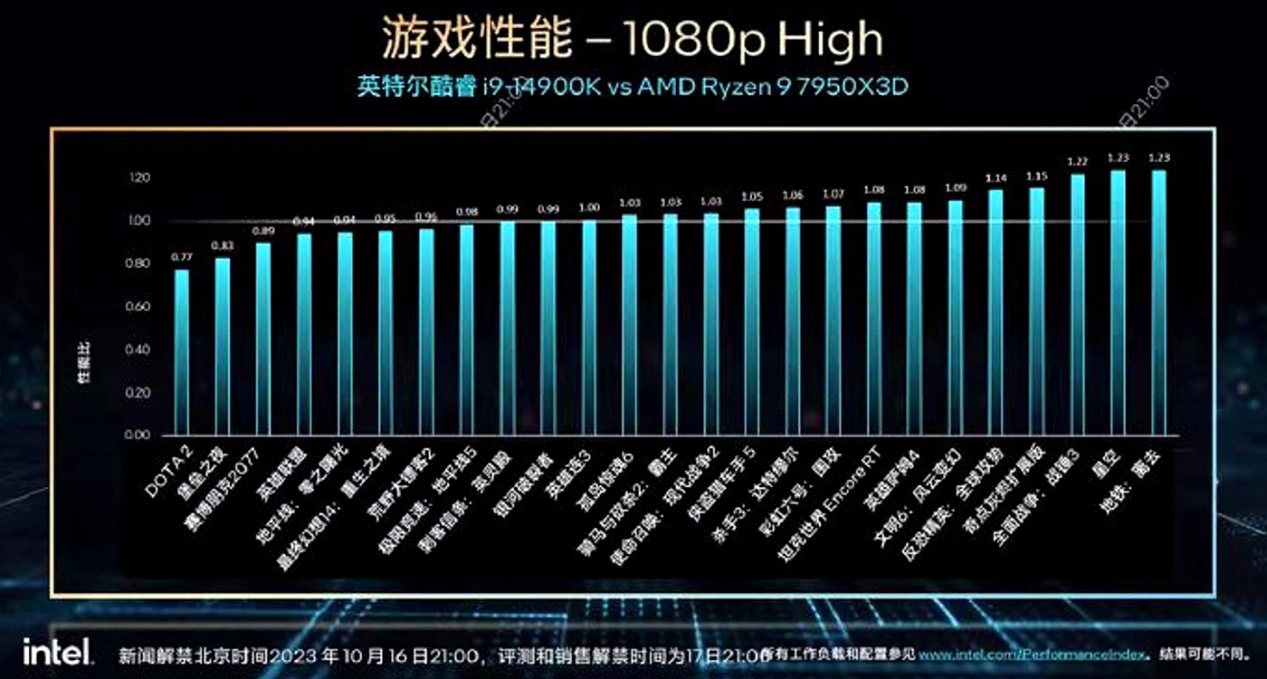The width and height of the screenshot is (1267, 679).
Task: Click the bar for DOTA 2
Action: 182,353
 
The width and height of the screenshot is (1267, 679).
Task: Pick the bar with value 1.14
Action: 995,312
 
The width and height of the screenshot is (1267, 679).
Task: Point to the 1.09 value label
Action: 955,187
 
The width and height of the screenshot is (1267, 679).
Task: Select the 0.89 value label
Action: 263,231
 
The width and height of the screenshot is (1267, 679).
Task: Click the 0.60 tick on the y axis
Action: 138,307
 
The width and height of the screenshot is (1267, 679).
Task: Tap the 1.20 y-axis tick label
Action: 138,177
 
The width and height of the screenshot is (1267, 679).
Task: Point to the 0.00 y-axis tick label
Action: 138,435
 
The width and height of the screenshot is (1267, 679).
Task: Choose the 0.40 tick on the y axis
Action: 138,349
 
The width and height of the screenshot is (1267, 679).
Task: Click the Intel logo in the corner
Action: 56,651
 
